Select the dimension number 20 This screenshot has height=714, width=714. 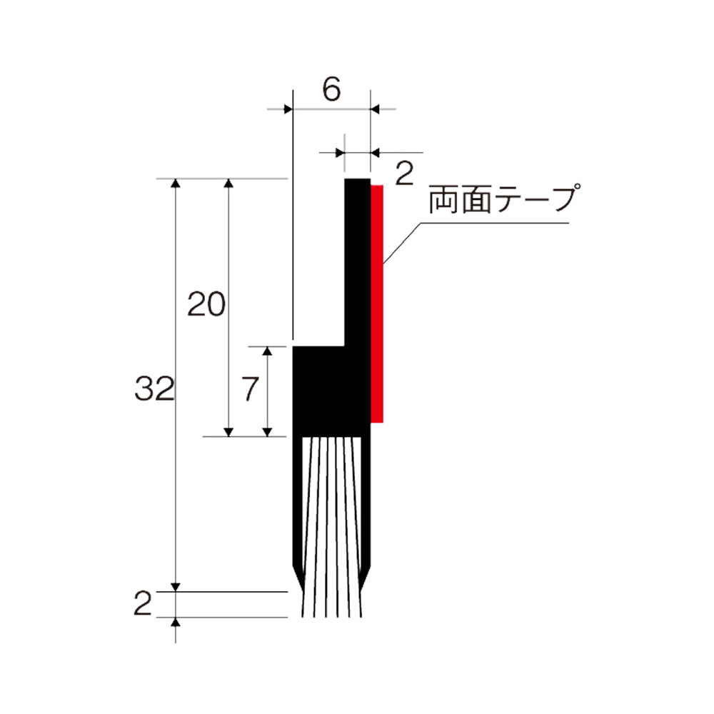(206, 305)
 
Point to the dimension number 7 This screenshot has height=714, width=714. (248, 390)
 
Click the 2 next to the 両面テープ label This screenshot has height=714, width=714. (403, 174)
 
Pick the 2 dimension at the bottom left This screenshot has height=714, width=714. (143, 605)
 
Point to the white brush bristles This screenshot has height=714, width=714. (333, 528)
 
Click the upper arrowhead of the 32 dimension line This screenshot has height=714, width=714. (176, 184)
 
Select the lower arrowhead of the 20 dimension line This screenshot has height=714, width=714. (228, 431)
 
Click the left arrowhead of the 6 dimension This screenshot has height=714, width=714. (288, 109)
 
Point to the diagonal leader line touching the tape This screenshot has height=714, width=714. (403, 243)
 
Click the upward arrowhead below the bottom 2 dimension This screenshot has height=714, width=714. (176, 622)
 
